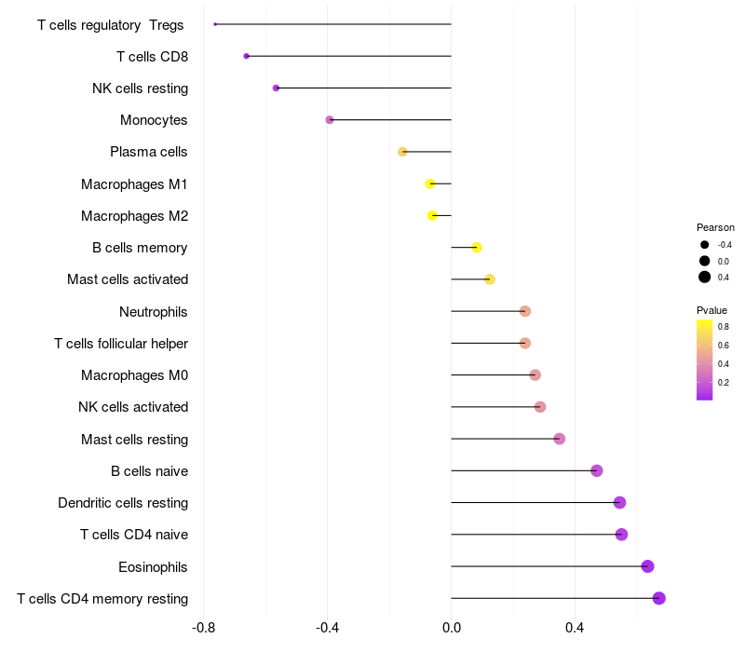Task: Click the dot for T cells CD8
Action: (246, 56)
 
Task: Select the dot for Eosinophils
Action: (647, 566)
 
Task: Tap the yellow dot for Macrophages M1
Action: (430, 183)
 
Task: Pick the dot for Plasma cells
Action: (402, 152)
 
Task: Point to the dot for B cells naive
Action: (597, 470)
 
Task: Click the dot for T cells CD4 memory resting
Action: (659, 598)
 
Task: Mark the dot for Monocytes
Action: (330, 120)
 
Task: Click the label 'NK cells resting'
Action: (140, 88)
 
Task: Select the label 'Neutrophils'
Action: (154, 311)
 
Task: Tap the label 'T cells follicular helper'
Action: (121, 344)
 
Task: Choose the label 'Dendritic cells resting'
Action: (123, 503)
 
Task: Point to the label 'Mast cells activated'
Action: (128, 279)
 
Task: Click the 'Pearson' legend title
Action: (715, 227)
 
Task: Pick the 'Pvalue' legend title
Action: (711, 310)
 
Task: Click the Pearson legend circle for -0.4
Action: (705, 244)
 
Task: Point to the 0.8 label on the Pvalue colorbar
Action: (724, 326)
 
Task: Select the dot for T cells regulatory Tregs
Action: (215, 24)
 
